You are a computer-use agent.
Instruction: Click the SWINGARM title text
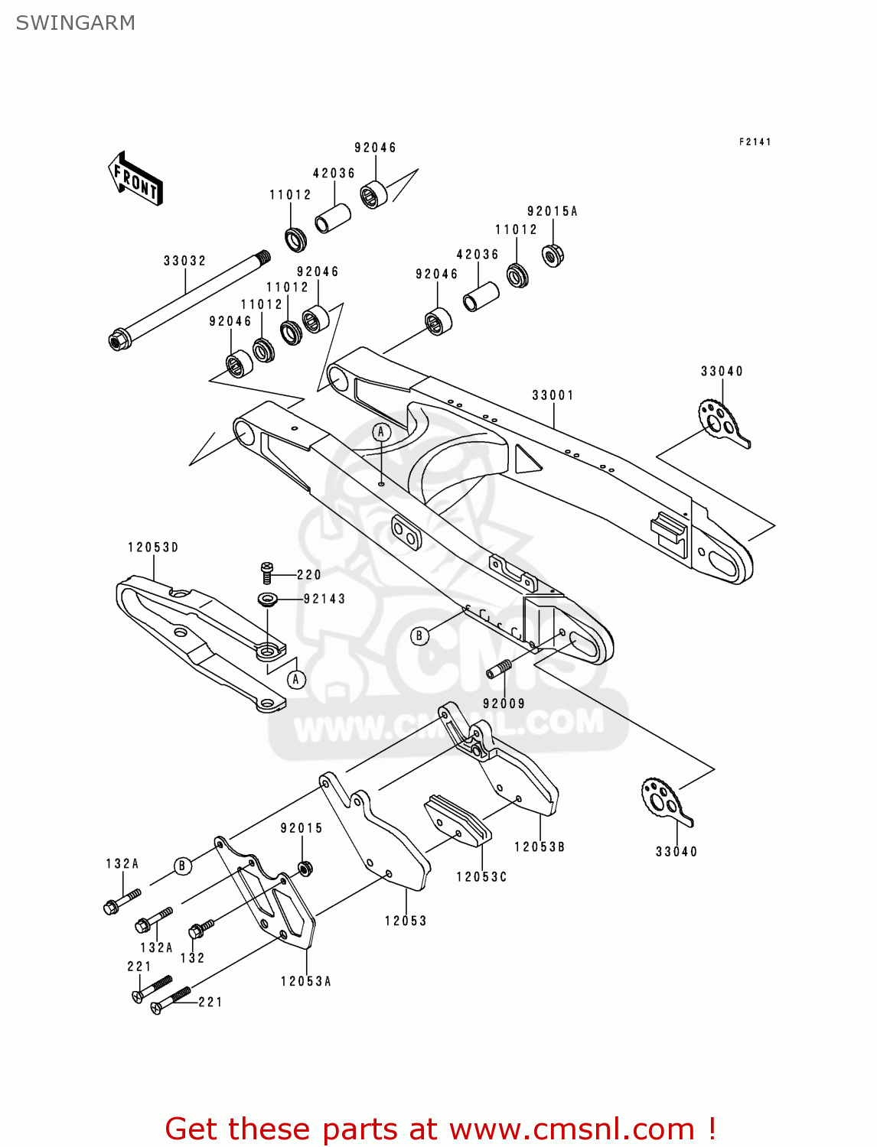[x=75, y=23]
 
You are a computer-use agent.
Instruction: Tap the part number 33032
[x=184, y=261]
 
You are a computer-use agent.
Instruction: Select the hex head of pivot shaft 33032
[x=119, y=339]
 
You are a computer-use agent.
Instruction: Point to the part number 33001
[x=553, y=395]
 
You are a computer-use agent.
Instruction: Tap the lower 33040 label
[x=676, y=852]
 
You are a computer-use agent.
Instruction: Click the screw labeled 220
[x=266, y=572]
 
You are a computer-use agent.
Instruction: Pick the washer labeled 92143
[x=267, y=599]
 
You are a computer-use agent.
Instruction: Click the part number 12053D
[x=153, y=548]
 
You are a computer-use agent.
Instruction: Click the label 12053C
[x=481, y=877]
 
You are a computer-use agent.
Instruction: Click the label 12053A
[x=305, y=981]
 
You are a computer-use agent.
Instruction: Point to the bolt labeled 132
[x=201, y=929]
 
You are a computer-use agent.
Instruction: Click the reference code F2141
[x=755, y=142]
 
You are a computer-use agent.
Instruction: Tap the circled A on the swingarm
[x=382, y=432]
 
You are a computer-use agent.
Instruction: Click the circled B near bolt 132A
[x=182, y=866]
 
